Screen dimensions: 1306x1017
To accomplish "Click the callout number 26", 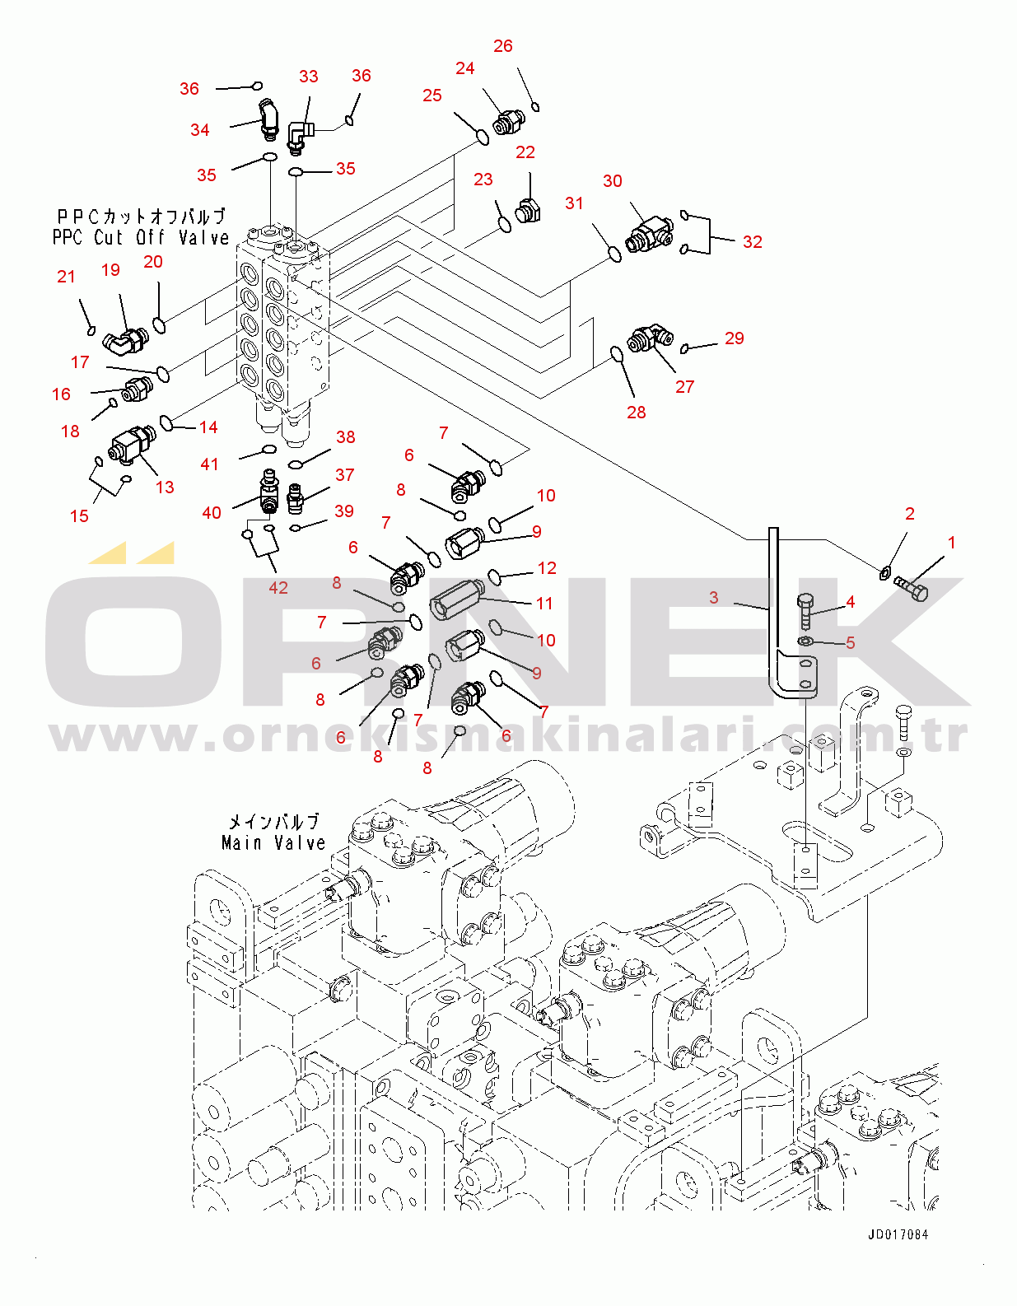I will pyautogui.click(x=503, y=46).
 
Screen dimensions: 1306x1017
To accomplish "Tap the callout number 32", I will pyautogui.click(x=752, y=241).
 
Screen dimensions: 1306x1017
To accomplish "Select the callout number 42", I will pyautogui.click(x=278, y=587).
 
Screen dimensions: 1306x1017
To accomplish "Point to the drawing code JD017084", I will pyautogui.click(x=898, y=1234).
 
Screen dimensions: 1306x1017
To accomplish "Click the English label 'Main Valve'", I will pyautogui.click(x=273, y=842).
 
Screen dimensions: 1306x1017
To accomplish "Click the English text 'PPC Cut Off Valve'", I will pyautogui.click(x=141, y=237).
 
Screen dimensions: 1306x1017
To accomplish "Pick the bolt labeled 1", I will pyautogui.click(x=912, y=588).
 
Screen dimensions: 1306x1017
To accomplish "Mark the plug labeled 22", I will pyautogui.click(x=527, y=210).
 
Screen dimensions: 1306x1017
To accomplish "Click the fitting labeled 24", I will pyautogui.click(x=507, y=122).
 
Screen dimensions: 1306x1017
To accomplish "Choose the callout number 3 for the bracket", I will pyautogui.click(x=714, y=597).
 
